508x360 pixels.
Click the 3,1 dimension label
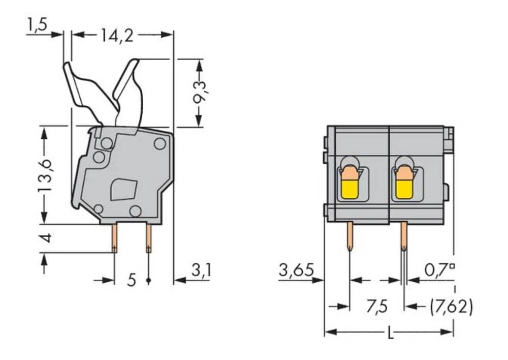[x=201, y=271]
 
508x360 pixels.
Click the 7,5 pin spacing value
[x=376, y=307]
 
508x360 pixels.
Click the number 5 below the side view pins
[x=132, y=280]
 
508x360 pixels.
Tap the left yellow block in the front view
[x=348, y=190]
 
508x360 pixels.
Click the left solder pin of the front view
[x=351, y=236]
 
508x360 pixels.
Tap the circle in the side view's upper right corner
[x=160, y=144]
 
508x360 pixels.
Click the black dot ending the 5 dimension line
[x=148, y=280]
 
